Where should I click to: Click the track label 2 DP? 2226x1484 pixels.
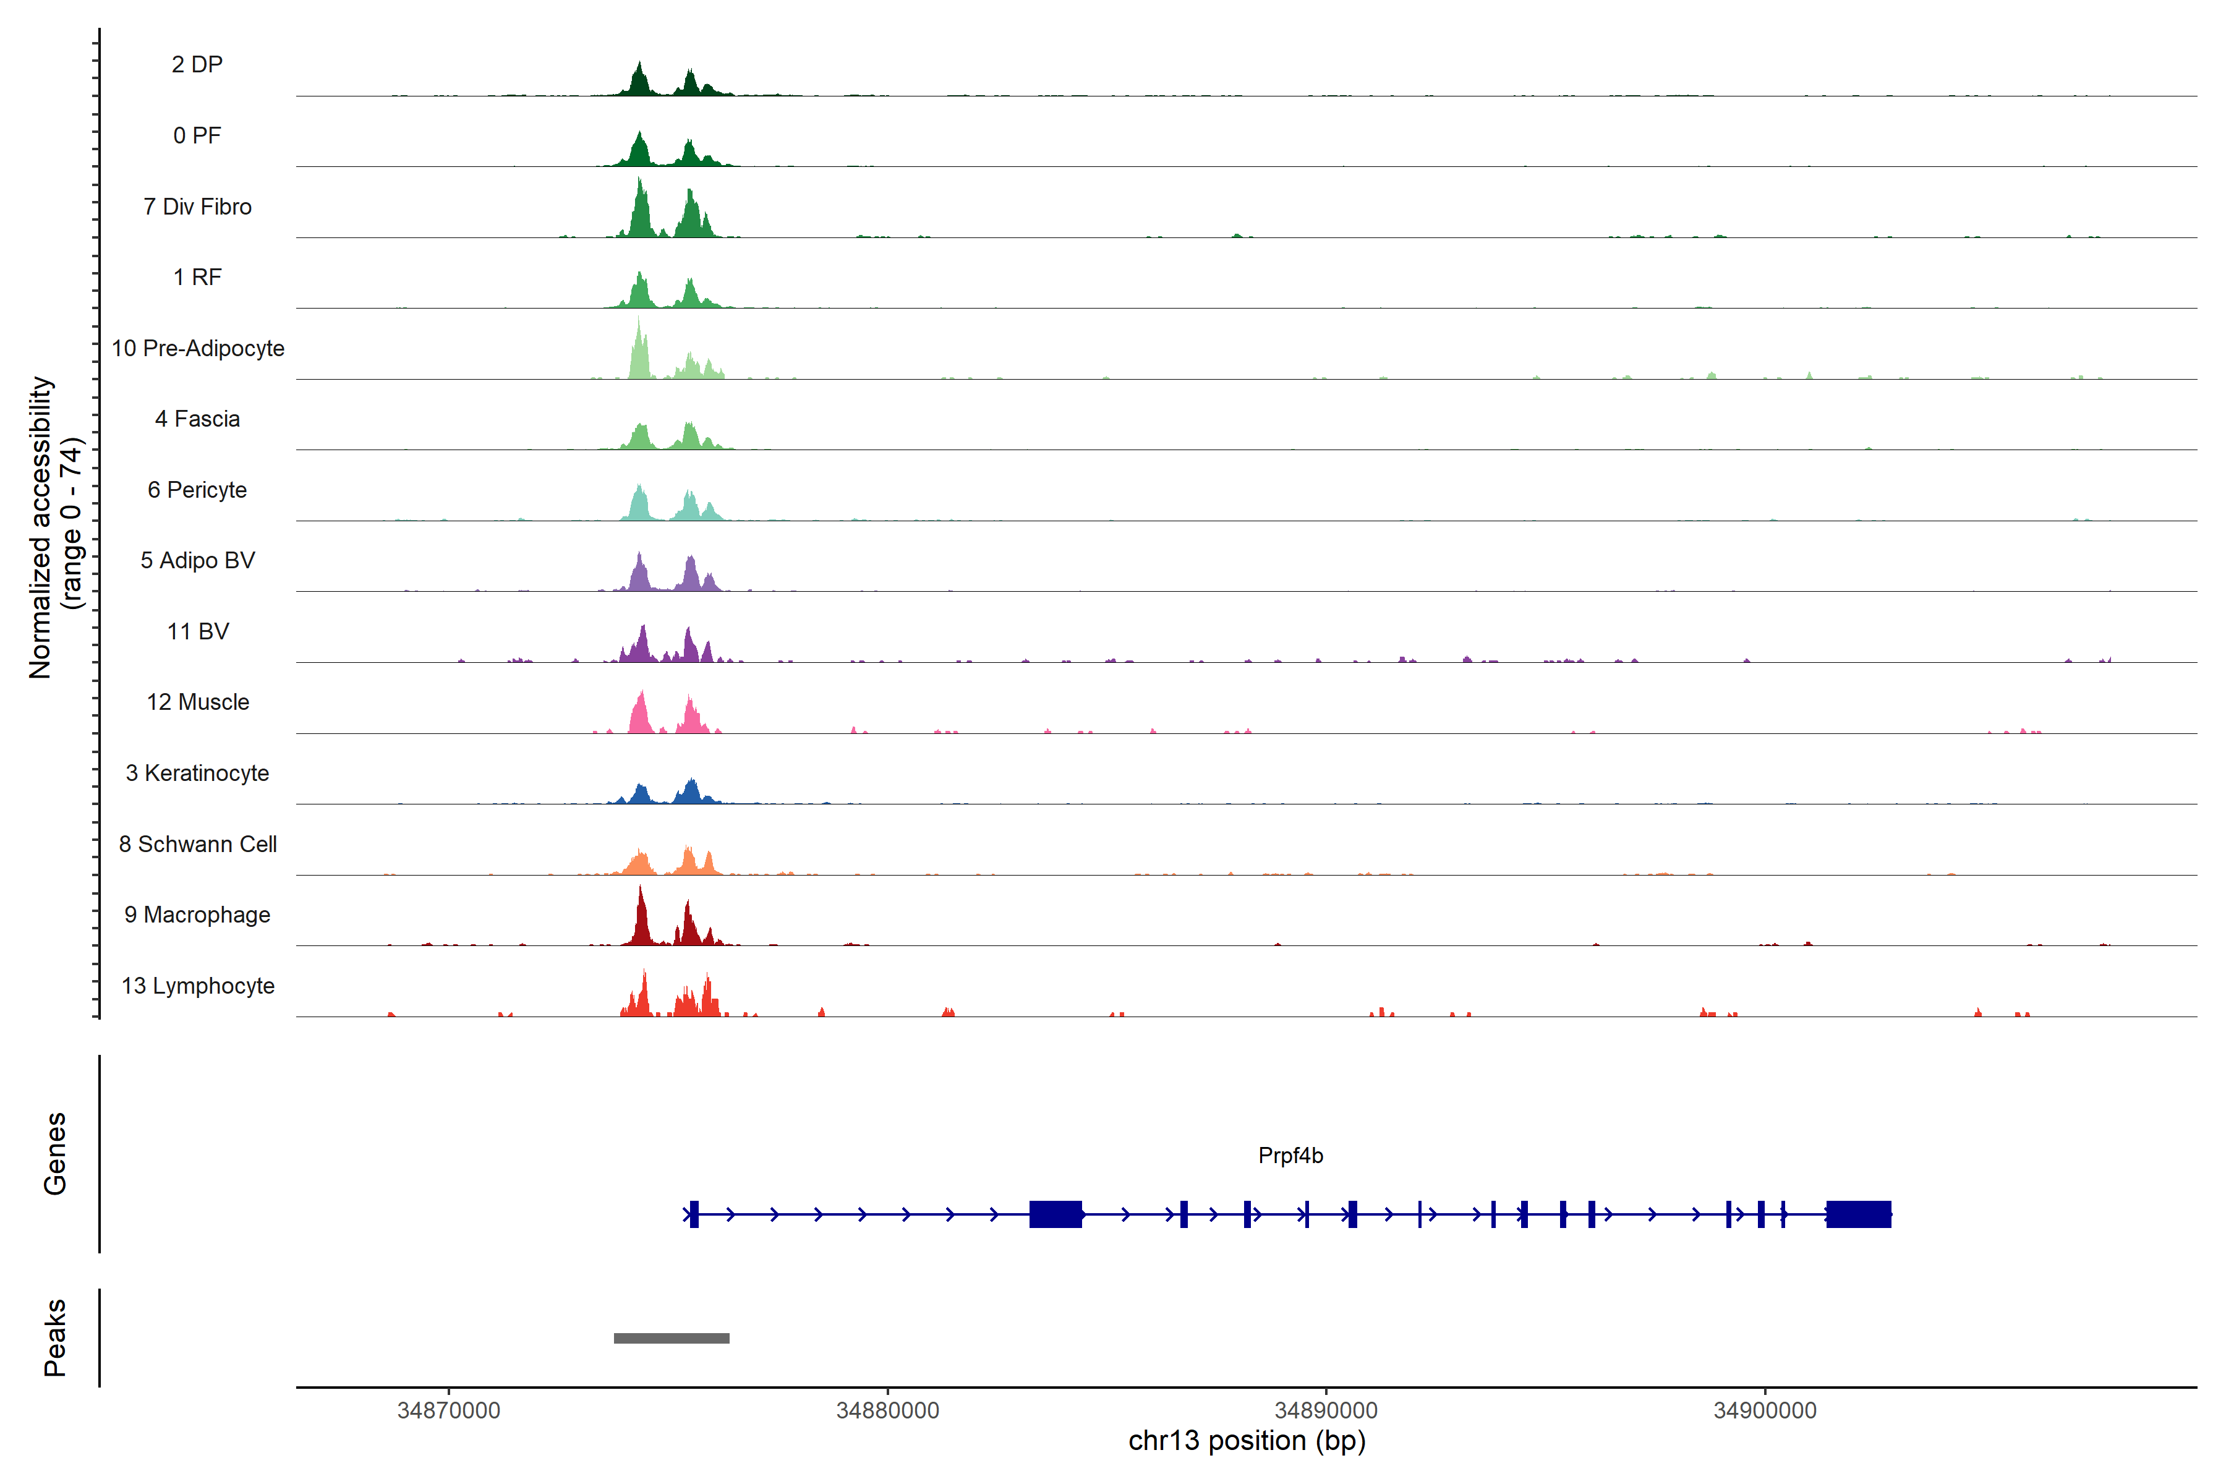click(x=197, y=64)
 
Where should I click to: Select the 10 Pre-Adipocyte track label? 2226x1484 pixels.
click(x=198, y=348)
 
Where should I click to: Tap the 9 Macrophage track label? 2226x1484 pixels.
click(x=197, y=915)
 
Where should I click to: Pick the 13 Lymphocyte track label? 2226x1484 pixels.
click(x=198, y=986)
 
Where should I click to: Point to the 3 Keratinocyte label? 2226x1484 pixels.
click(x=197, y=774)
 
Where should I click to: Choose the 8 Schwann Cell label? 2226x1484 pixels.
click(x=198, y=844)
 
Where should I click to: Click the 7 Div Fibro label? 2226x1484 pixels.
click(x=197, y=207)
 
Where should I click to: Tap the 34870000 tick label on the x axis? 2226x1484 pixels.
click(x=449, y=1410)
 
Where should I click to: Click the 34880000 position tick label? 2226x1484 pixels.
click(x=888, y=1410)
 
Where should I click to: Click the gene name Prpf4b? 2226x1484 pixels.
click(x=1290, y=1156)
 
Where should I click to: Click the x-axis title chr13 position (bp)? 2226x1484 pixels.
click(x=1247, y=1441)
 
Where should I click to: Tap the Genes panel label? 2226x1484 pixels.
click(x=55, y=1154)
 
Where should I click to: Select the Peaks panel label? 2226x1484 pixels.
click(x=55, y=1337)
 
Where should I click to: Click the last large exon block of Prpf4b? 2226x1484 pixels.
click(x=1858, y=1214)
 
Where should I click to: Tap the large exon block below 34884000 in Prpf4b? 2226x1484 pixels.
click(x=1055, y=1214)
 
